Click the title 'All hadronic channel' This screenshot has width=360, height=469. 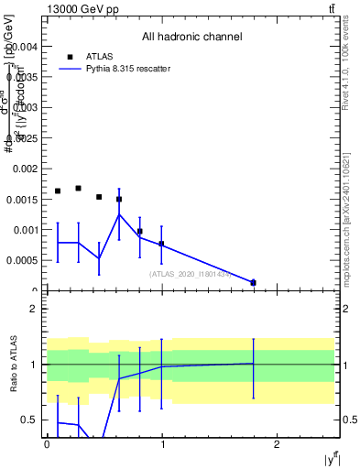pos(191,38)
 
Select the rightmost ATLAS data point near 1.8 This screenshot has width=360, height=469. pos(254,282)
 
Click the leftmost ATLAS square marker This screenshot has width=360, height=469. pos(58,191)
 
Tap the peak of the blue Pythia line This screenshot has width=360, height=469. pos(119,214)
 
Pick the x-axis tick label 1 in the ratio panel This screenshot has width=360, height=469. pos(162,444)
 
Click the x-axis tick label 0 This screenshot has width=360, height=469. pos(47,444)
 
